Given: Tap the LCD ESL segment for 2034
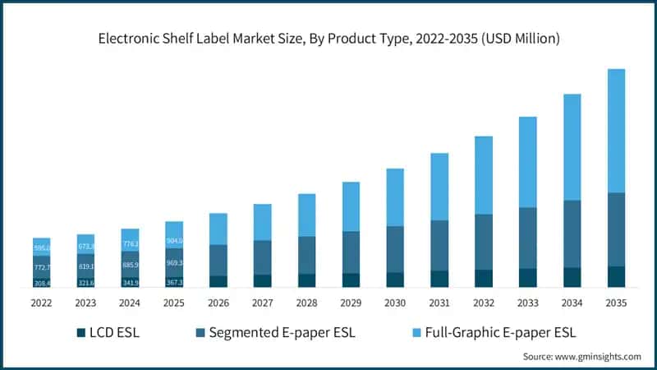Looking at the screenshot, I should (572, 277).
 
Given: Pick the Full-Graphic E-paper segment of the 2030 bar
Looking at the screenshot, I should (395, 197).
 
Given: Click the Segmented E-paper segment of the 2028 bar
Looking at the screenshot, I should (306, 255).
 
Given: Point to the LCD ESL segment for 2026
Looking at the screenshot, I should (218, 281).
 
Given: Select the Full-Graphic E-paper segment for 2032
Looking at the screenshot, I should (484, 175).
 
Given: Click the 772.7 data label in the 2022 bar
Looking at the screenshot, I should (41, 268).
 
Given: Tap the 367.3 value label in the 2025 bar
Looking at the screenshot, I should (174, 282).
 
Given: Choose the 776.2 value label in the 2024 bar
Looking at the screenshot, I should (130, 244).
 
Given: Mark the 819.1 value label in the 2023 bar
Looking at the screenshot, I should (85, 267).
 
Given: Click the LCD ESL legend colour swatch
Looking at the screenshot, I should (80, 333).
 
